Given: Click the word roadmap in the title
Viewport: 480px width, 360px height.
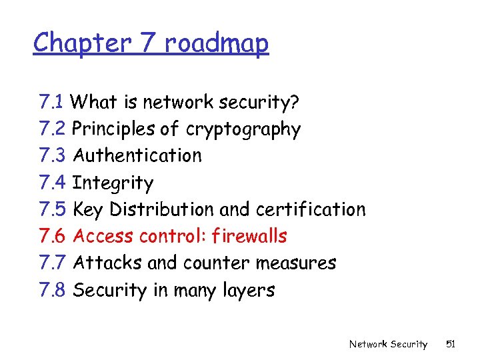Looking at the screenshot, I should (217, 43).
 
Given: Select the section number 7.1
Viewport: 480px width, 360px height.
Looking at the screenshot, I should (52, 102).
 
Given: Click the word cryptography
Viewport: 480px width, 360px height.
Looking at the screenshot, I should (243, 129).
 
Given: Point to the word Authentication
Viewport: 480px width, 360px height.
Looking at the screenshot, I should (137, 155).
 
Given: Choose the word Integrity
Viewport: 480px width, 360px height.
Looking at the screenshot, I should (113, 183).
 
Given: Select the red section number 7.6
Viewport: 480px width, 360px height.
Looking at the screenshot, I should (53, 236).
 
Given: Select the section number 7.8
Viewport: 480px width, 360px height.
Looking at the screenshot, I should (53, 290).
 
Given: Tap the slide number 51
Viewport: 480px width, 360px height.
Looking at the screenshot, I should (450, 344).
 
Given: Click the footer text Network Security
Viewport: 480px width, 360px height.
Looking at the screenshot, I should (388, 344).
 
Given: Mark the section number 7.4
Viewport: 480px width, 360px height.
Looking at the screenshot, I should (53, 183).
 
